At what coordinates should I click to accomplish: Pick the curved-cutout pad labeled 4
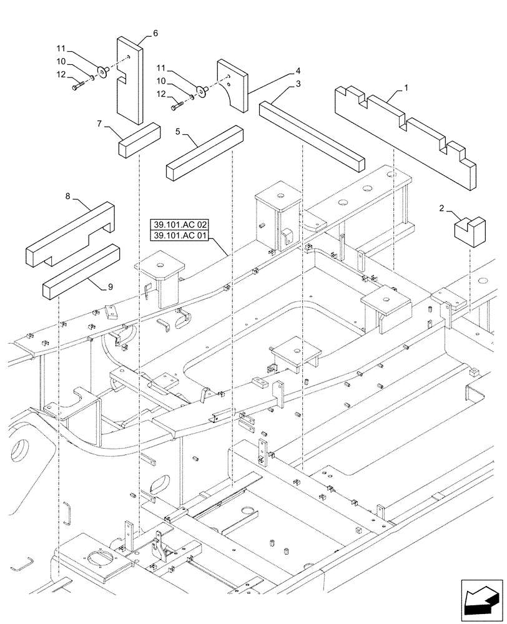(232, 85)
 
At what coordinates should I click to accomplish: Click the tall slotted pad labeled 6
(129, 80)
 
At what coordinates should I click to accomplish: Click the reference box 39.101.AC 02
(181, 224)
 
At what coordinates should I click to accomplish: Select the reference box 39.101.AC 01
(181, 235)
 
